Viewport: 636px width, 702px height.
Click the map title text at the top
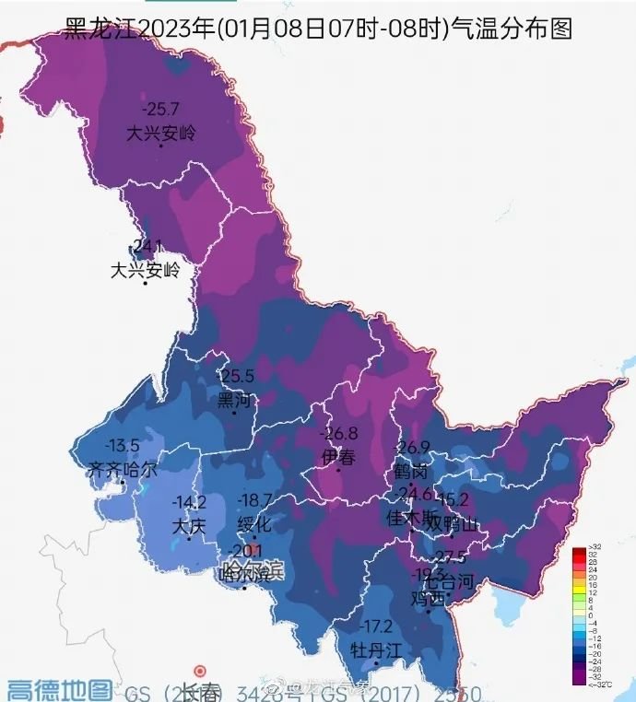pos(318,28)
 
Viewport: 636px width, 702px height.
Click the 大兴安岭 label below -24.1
pos(146,271)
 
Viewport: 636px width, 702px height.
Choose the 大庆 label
pos(189,526)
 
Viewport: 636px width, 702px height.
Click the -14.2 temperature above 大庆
pos(189,503)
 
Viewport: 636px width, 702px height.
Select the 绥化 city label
pos(254,524)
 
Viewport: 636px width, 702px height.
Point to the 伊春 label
pos(337,456)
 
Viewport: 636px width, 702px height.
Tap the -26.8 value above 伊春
pos(338,433)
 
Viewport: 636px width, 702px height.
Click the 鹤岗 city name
pos(410,471)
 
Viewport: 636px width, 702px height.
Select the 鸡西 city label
pos(427,597)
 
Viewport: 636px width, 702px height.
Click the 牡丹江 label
pos(376,649)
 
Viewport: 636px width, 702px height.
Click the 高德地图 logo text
pos(60,689)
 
